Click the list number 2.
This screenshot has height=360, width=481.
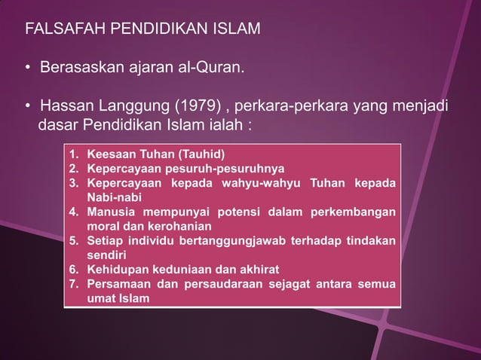coord(74,169)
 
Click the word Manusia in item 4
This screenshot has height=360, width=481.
coord(112,212)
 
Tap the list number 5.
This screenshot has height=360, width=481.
coord(74,240)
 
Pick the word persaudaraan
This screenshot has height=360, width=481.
coord(226,283)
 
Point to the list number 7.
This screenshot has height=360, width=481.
coord(74,283)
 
